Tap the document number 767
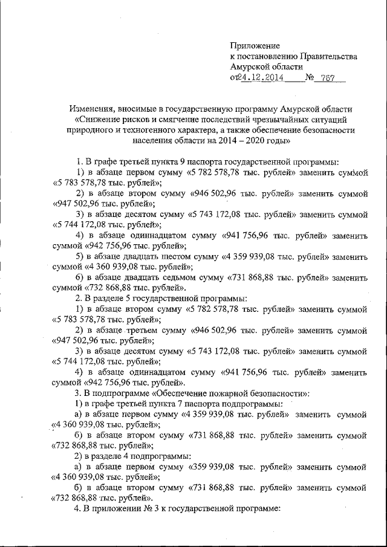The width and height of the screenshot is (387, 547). point(329,78)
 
